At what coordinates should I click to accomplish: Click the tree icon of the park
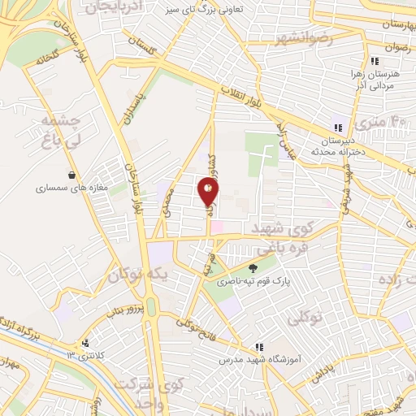pyautogui.click(x=253, y=268)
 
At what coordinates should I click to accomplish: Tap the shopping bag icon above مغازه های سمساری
pyautogui.click(x=73, y=175)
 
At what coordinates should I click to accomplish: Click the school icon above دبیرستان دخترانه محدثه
pyautogui.click(x=338, y=127)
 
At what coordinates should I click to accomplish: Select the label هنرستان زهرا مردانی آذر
pyautogui.click(x=376, y=79)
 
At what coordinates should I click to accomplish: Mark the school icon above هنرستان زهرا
pyautogui.click(x=375, y=61)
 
